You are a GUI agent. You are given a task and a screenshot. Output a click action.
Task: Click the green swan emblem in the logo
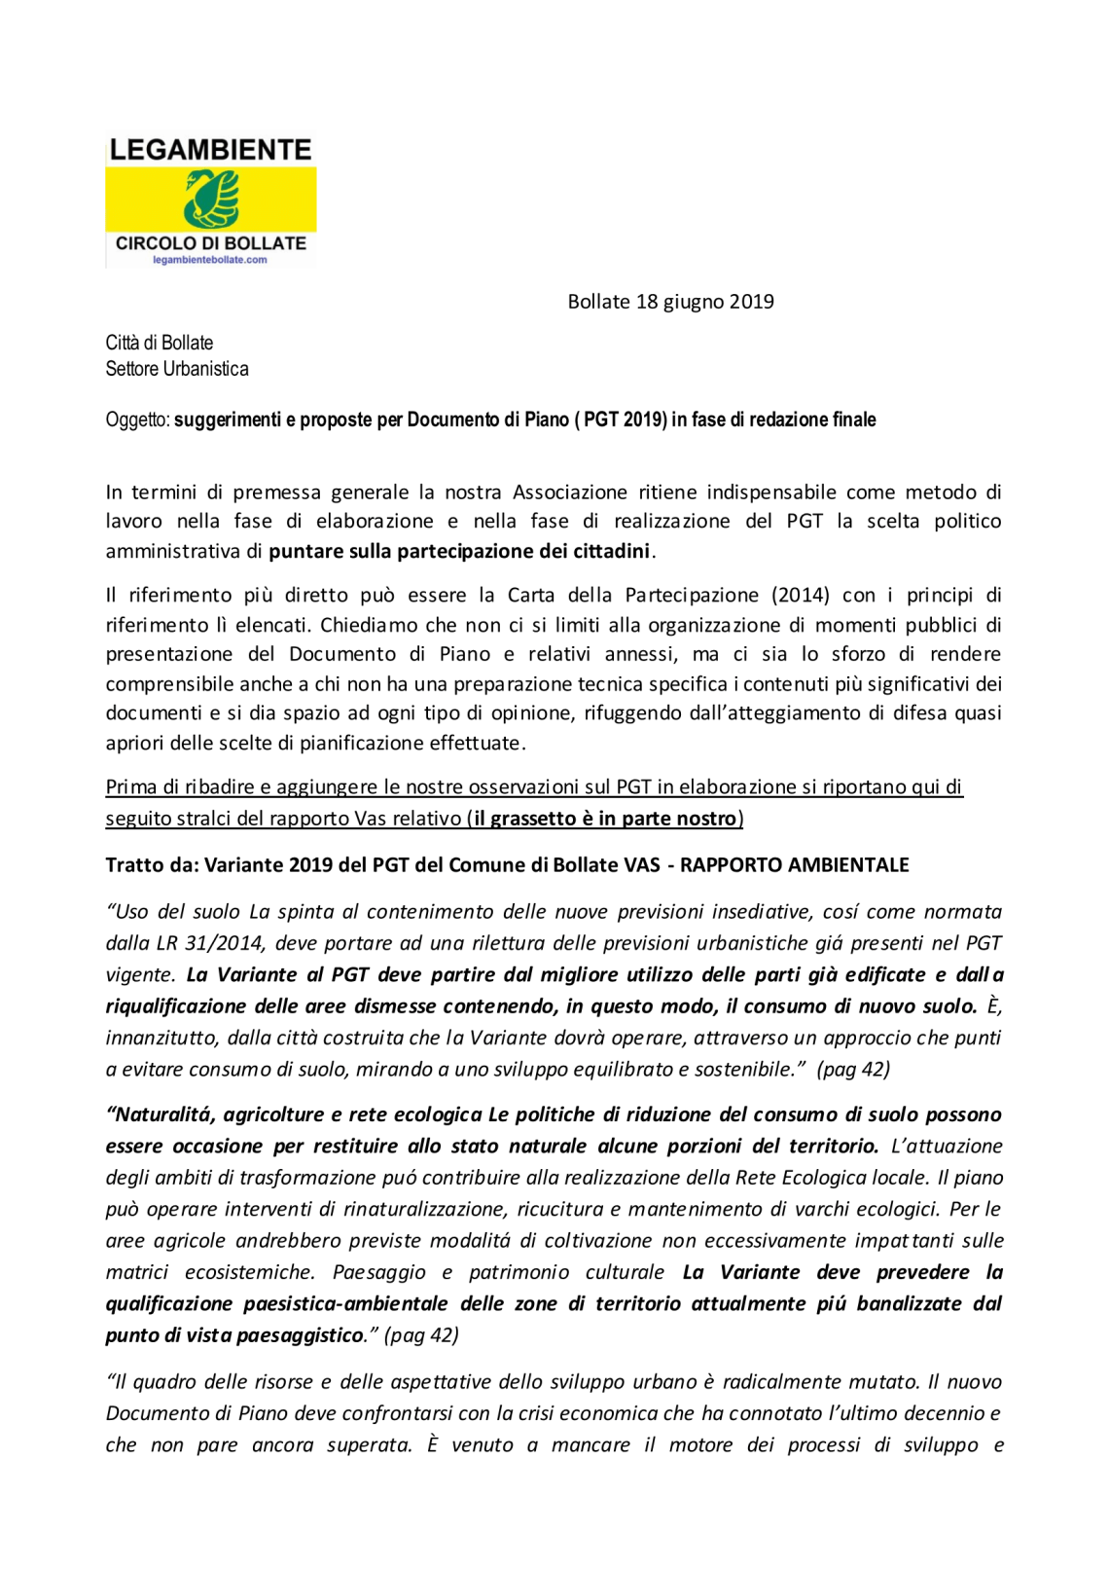click(212, 199)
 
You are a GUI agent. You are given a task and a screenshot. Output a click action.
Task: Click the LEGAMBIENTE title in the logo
click(210, 150)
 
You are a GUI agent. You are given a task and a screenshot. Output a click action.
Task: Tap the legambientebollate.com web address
click(210, 260)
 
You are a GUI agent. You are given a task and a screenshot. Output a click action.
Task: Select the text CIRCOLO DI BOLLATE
click(210, 243)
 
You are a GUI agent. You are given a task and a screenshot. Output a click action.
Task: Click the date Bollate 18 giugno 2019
click(670, 302)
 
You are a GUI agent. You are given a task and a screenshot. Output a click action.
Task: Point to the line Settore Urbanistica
click(177, 369)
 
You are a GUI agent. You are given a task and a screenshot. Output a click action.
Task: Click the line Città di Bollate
click(160, 343)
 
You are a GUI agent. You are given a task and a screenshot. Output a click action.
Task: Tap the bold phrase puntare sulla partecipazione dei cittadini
click(459, 552)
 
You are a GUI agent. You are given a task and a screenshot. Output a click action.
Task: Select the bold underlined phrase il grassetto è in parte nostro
click(605, 819)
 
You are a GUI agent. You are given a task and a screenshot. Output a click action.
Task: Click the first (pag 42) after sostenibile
click(853, 1070)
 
